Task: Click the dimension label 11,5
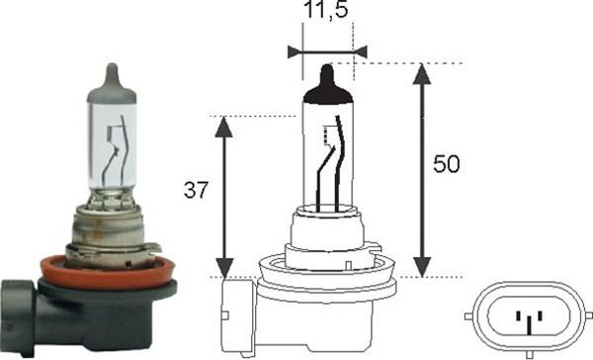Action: [x=325, y=10]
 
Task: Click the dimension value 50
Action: [x=447, y=164]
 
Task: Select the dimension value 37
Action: [x=196, y=190]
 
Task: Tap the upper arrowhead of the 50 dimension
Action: [x=422, y=74]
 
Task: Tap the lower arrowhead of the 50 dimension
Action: [x=422, y=267]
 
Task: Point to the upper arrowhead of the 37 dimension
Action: [x=224, y=127]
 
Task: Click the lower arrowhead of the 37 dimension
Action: [x=224, y=268]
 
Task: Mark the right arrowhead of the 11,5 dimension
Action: [x=360, y=51]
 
